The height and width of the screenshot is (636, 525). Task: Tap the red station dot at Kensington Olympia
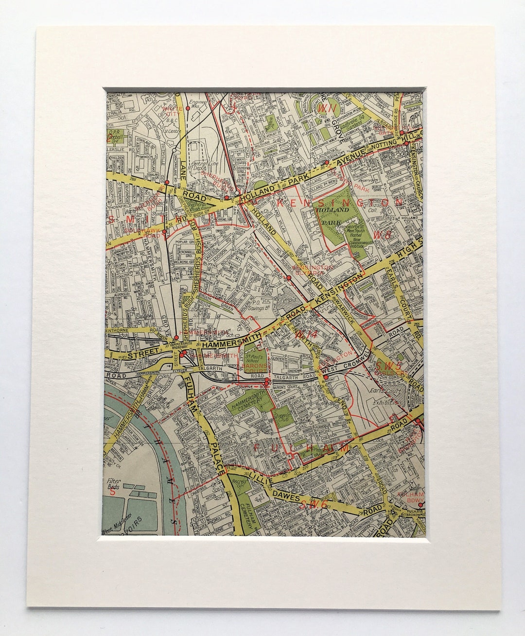289,277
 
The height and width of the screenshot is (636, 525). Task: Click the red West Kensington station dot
325,377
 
